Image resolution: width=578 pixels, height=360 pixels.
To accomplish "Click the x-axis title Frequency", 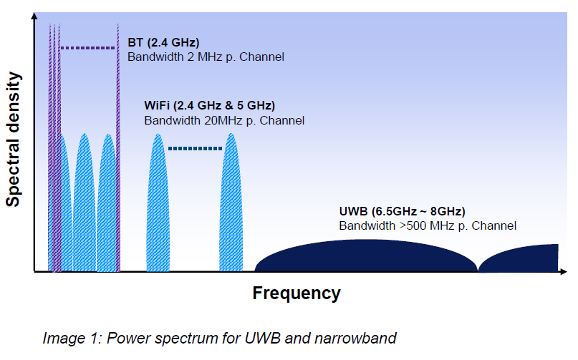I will point(297,293).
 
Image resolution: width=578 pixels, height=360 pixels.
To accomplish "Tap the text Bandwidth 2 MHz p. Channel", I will point(206,57).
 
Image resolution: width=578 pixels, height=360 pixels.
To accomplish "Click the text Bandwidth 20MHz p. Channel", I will point(224,120).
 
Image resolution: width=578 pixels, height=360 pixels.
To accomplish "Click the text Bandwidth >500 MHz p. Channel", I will point(428,225).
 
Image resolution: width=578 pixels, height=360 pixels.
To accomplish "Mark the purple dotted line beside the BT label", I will point(87,48).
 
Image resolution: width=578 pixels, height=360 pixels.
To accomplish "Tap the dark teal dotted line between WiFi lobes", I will point(195,148).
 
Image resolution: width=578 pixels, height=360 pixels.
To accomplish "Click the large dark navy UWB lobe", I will point(365,257).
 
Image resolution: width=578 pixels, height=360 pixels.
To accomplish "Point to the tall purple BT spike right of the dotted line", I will point(117,143).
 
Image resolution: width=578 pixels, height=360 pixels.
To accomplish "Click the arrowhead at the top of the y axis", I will point(34,19).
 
